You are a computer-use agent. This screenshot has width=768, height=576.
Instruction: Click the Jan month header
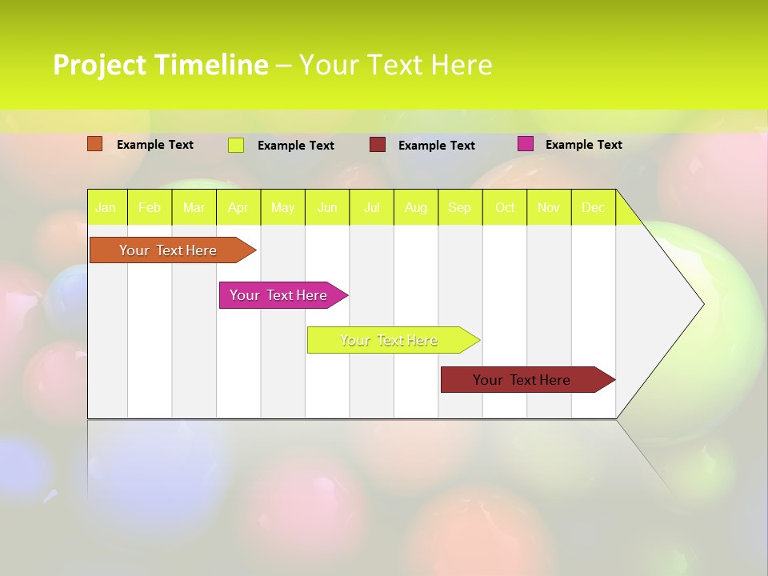click(106, 208)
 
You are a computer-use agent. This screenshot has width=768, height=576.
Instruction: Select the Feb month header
click(150, 208)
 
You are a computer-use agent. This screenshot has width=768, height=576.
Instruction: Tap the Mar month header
click(194, 208)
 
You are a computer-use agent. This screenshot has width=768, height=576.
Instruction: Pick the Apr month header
click(238, 208)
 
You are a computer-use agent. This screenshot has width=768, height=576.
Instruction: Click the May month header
click(282, 208)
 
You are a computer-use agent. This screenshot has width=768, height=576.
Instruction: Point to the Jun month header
click(327, 208)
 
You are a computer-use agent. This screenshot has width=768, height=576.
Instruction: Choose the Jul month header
click(371, 208)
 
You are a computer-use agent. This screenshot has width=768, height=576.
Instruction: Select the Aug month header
click(416, 208)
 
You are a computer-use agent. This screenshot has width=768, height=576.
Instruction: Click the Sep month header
click(460, 208)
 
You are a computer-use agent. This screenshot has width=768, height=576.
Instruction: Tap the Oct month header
click(505, 208)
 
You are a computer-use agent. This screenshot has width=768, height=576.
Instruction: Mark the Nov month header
click(549, 208)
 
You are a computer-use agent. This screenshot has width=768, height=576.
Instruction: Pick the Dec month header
click(594, 208)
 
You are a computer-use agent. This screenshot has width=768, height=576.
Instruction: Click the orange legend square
click(95, 144)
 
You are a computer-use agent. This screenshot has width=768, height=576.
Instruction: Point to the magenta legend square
click(526, 144)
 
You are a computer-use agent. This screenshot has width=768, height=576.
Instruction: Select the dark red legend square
click(378, 145)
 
